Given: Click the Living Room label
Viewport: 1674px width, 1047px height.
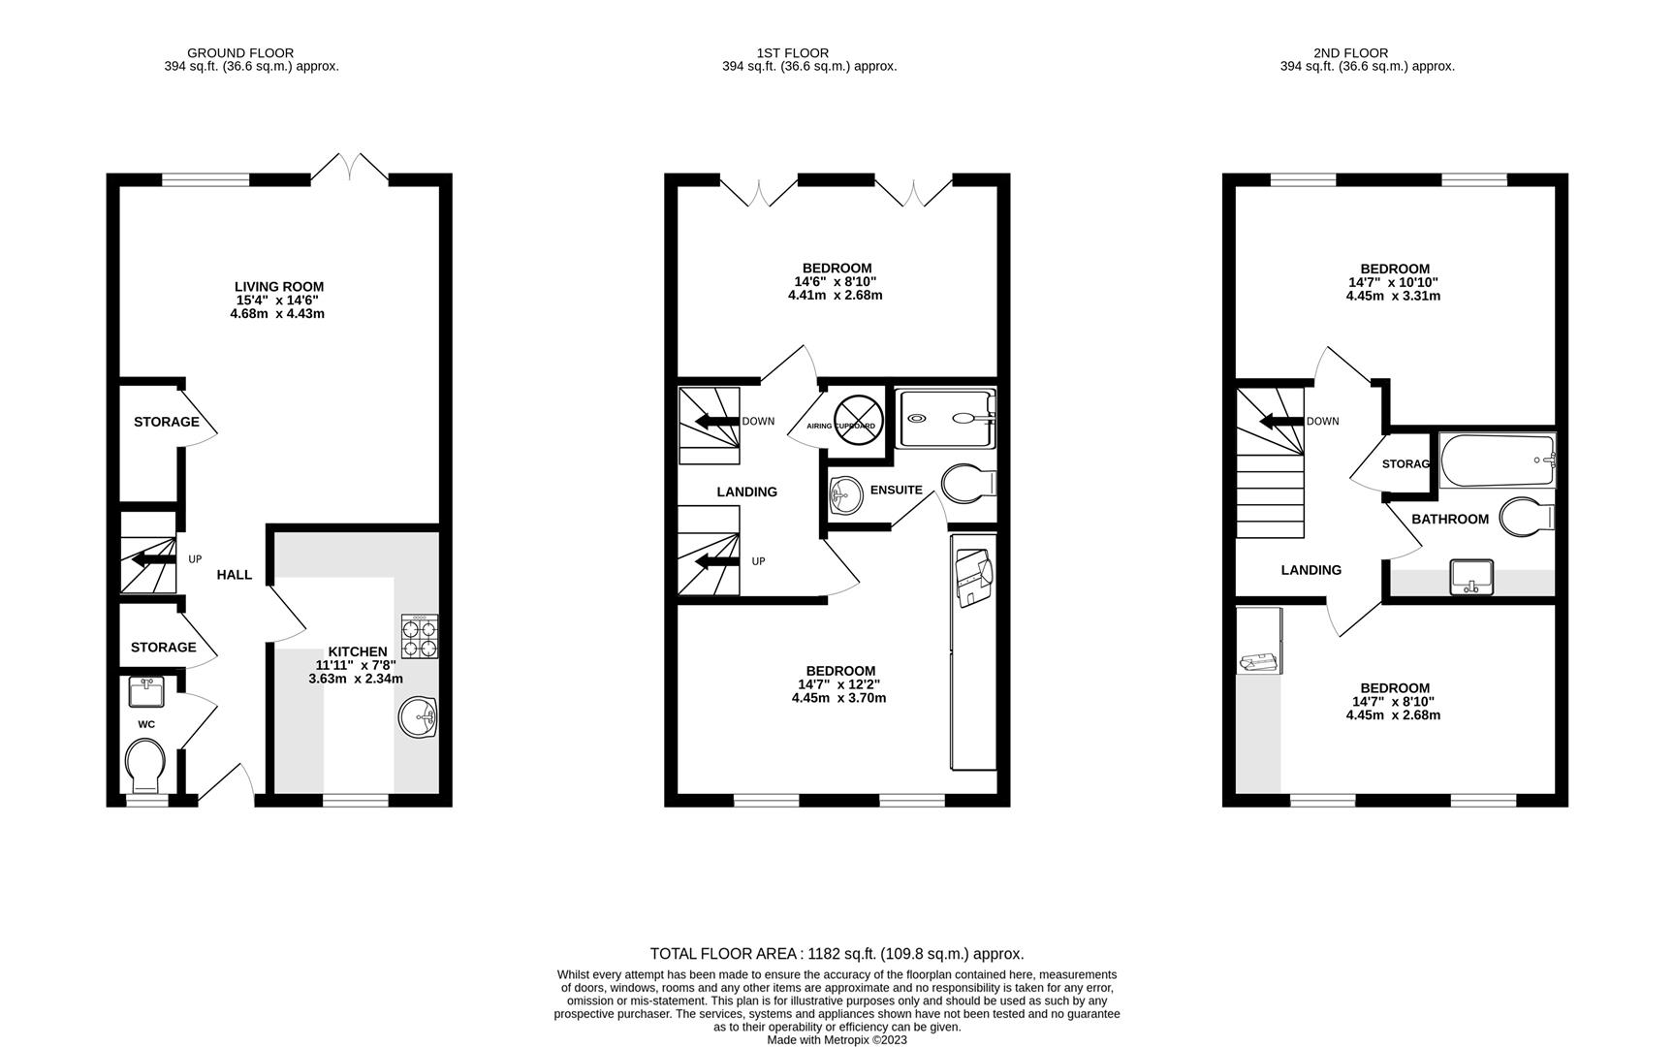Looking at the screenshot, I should point(279,287).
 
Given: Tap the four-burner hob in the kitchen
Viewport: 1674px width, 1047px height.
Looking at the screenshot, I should point(419,637).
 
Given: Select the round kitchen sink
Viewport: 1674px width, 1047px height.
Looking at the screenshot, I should point(418,718).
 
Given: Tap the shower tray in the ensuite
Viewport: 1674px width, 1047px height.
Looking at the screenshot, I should point(945,419).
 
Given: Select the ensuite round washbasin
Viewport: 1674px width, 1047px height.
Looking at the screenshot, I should point(846,495).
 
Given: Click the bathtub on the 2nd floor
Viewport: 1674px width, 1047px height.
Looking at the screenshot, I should point(1497,461).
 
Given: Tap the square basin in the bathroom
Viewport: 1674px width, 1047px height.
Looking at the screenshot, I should point(1471,577).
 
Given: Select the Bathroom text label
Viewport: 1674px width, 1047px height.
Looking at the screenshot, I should point(1449,520).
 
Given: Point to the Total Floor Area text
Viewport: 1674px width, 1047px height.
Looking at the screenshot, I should point(837,954).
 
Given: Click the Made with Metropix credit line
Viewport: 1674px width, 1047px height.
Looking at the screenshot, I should point(837,1040).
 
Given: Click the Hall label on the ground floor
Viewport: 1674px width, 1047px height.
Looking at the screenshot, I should point(234,575).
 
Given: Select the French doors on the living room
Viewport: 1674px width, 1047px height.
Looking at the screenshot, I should point(350,168).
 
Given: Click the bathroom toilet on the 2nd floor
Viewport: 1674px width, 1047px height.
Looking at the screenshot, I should point(1525,517).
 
